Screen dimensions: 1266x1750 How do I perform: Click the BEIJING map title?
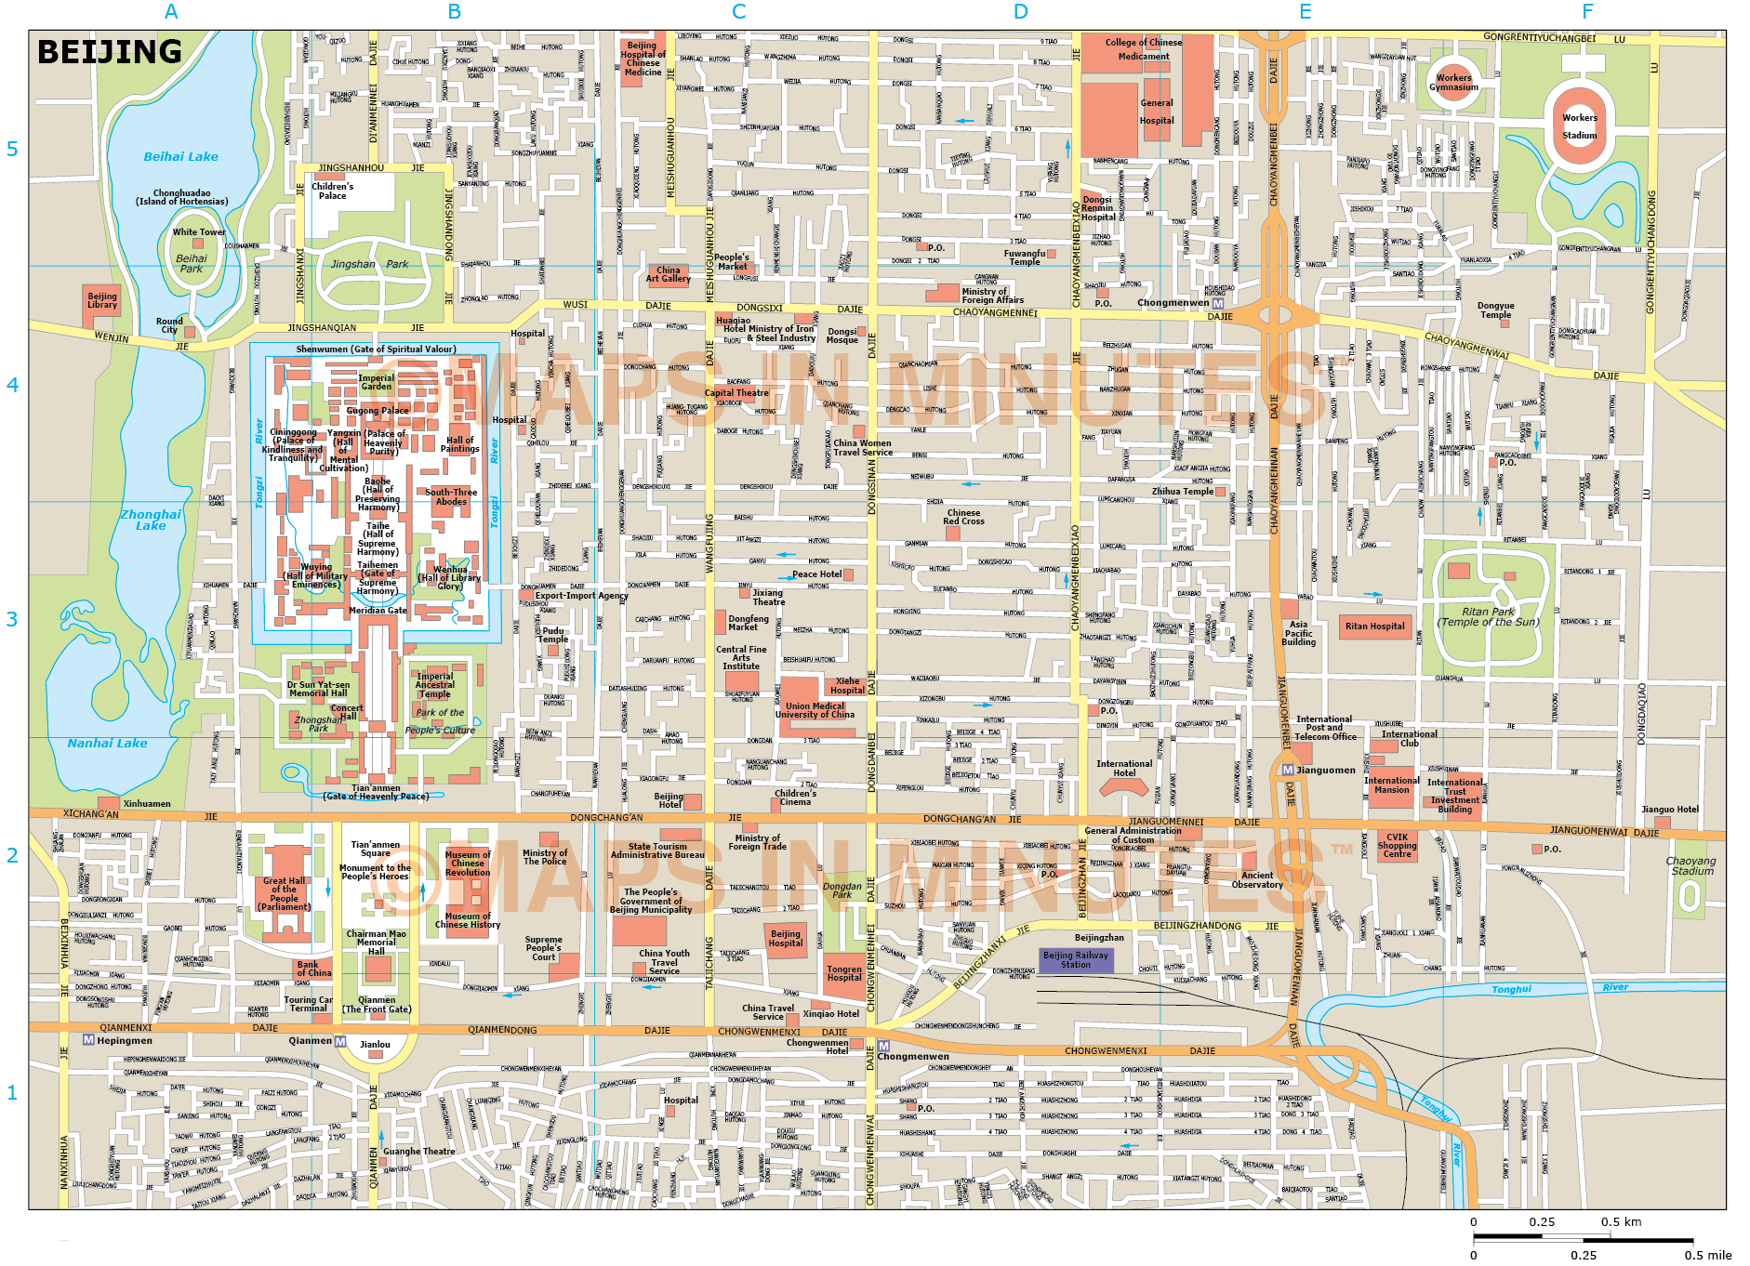coord(110,52)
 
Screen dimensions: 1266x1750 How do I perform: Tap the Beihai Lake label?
coord(180,157)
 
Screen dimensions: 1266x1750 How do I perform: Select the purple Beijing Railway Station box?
coord(1076,960)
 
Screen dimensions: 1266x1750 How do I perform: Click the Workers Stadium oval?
coord(1579,126)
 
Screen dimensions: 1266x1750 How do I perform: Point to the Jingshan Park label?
coord(369,265)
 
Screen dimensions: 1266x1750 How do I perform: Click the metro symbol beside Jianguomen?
coord(1287,771)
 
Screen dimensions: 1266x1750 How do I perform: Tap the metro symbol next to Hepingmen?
coord(88,1040)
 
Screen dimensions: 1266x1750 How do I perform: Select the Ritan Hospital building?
coord(1374,626)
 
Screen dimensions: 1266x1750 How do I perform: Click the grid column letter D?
coord(1021,12)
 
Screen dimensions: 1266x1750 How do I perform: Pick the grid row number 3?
coord(12,620)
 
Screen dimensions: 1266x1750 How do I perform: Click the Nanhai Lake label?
coord(107,744)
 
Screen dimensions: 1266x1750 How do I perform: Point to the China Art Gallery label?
coord(669,275)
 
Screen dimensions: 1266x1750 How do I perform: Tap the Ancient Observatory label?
coord(1257,879)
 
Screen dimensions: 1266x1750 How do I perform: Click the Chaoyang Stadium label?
coord(1690,866)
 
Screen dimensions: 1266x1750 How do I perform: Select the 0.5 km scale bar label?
coord(1621,1222)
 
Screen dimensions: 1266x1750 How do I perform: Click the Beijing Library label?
coord(102,300)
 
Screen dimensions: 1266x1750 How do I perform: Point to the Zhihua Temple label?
coord(1182,492)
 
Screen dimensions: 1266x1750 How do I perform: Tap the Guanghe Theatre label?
coord(419,1152)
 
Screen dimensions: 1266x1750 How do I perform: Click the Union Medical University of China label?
coord(815,710)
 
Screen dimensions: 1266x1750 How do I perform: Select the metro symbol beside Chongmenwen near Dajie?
coord(1217,303)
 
